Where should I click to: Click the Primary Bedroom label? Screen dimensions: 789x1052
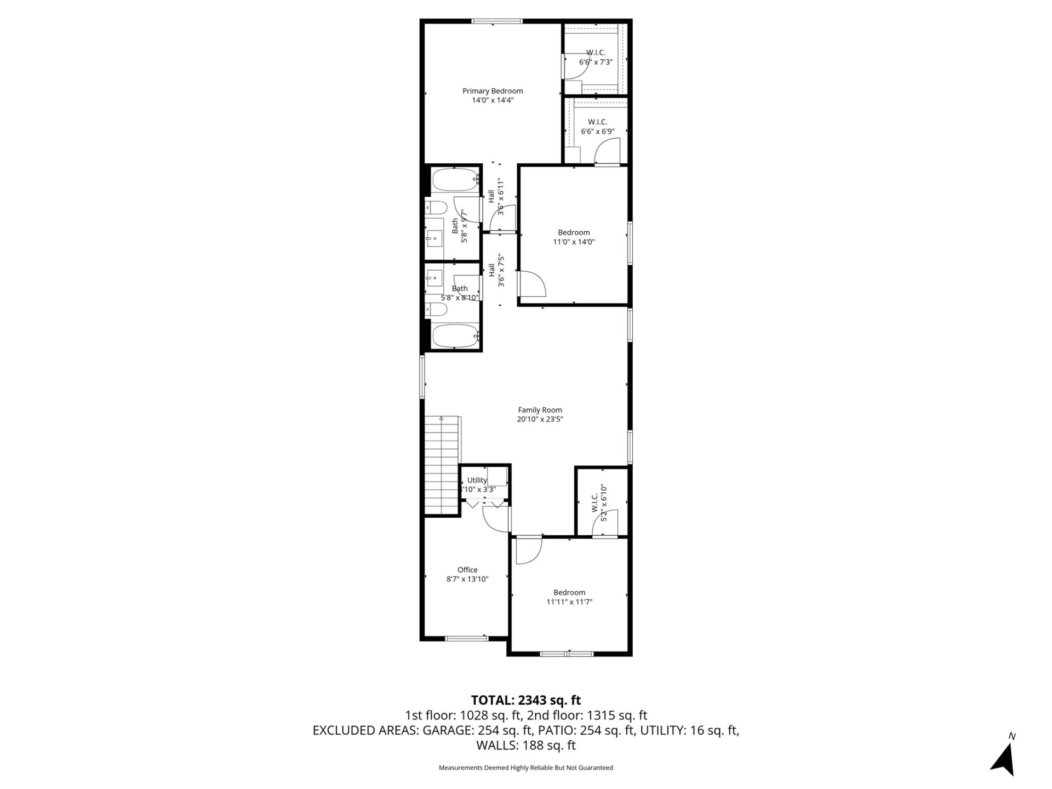493,91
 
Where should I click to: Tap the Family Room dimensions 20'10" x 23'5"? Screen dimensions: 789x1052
540,419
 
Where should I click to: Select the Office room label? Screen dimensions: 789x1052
467,570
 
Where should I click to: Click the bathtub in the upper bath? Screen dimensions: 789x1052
455,179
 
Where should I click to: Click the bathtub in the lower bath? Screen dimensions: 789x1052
455,335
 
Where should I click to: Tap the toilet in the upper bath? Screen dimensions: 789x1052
436,208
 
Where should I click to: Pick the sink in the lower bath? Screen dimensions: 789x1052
434,278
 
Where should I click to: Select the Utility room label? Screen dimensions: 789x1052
477,481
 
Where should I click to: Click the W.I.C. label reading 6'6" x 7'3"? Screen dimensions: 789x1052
596,58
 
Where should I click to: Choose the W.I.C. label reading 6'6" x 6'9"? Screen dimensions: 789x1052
597,127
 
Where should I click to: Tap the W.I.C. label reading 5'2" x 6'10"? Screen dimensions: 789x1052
599,502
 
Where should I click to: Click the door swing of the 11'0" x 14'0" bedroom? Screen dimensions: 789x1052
532,284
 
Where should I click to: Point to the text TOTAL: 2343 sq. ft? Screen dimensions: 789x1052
525,700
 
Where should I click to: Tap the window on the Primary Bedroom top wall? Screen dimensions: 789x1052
497,21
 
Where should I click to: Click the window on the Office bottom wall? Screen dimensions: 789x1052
466,638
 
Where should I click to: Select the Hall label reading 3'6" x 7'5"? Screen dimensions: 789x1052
496,270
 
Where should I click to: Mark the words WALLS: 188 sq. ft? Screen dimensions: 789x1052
525,745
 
